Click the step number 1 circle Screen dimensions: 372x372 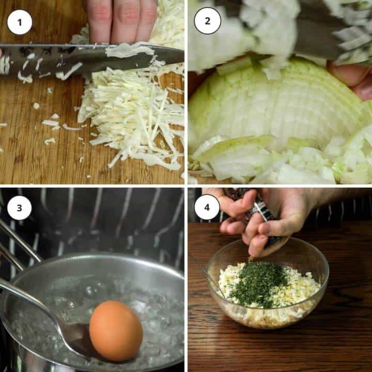(x=20, y=22)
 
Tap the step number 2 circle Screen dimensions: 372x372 (x=207, y=21)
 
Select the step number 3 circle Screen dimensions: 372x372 (x=20, y=208)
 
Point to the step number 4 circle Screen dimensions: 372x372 (x=207, y=207)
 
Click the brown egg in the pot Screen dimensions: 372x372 (x=116, y=331)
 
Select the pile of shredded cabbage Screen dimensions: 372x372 (x=133, y=114)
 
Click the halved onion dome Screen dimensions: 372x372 (x=275, y=107)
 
